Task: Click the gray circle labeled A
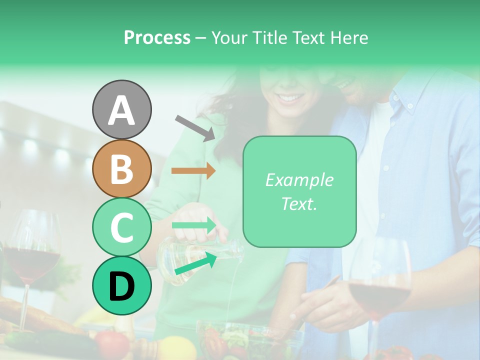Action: click(x=121, y=110)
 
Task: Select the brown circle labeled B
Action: click(x=121, y=168)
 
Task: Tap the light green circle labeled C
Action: click(x=121, y=227)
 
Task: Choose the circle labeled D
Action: click(x=121, y=286)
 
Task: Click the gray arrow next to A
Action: click(x=194, y=127)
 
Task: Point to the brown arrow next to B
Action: click(x=193, y=170)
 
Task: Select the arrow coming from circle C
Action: click(x=193, y=224)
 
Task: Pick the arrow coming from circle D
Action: click(x=195, y=264)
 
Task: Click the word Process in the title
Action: click(x=157, y=37)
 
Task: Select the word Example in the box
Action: click(x=299, y=180)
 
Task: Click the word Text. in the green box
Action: click(x=299, y=203)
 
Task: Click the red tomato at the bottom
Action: click(x=112, y=343)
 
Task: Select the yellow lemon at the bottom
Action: click(x=178, y=348)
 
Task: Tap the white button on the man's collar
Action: click(x=409, y=106)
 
